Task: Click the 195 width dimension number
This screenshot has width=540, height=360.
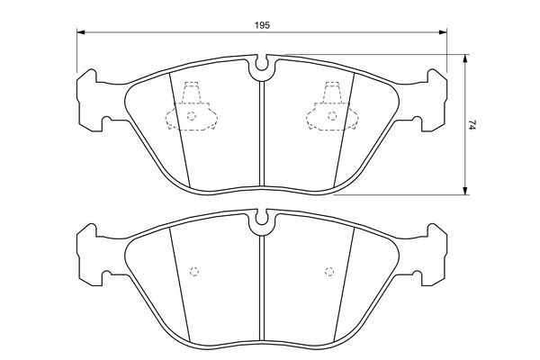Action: pos(262,25)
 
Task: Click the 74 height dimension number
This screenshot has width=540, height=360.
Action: pos(472,125)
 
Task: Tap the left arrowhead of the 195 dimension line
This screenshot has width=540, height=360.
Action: pos(81,32)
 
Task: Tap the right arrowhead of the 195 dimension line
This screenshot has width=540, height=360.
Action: pos(443,32)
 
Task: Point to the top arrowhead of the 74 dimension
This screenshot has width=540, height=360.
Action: pos(465,58)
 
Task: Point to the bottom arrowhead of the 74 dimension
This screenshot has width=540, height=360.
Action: pos(465,191)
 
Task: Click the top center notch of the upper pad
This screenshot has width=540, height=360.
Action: pos(262,64)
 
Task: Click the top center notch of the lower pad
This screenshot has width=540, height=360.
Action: pos(262,219)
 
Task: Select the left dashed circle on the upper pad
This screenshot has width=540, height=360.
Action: pos(192,116)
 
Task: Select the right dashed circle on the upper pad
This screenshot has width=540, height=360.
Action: pos(332,116)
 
